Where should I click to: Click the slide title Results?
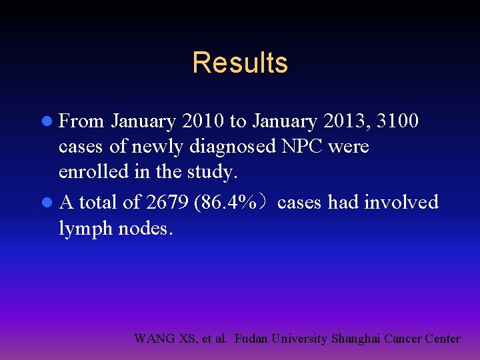pyautogui.click(x=240, y=63)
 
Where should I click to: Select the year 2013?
pyautogui.click(x=347, y=121)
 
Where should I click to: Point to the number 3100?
pyautogui.click(x=397, y=121)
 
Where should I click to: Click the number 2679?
pyautogui.click(x=164, y=202)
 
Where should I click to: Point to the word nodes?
pyautogui.click(x=146, y=229)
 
